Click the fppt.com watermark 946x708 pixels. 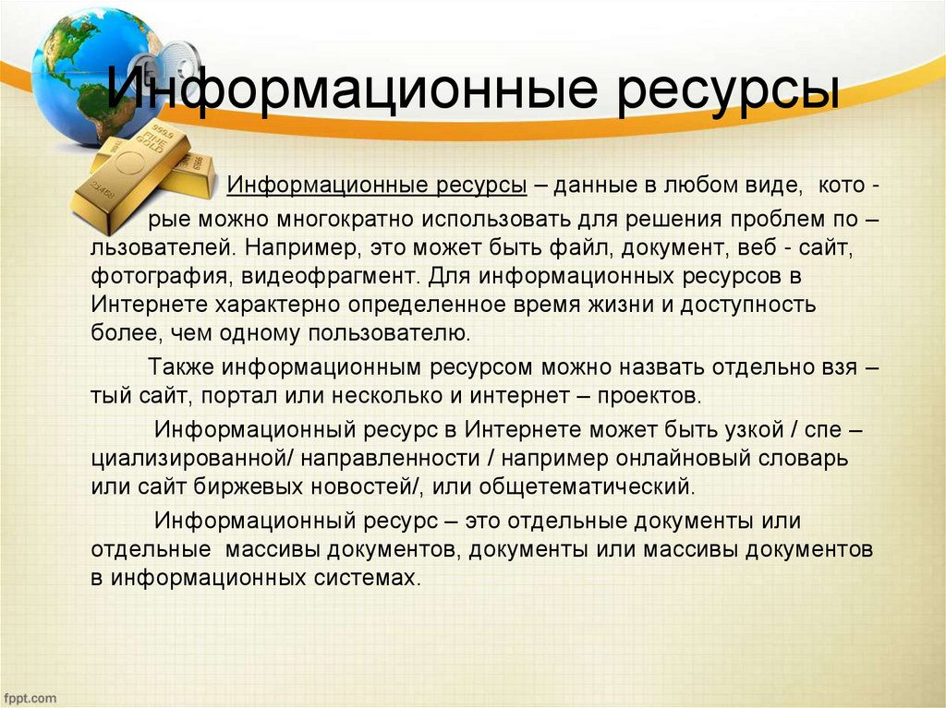[x=30, y=698]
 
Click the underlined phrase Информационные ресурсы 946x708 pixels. [x=377, y=186]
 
